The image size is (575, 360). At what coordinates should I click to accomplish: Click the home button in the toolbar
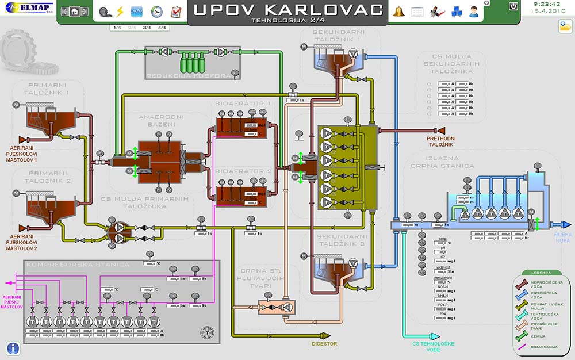[74, 12]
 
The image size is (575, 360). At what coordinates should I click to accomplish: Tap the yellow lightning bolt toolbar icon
[120, 12]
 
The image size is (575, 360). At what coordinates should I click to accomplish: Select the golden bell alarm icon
[398, 12]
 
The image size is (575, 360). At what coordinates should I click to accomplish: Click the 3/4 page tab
[147, 27]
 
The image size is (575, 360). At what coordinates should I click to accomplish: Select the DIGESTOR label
[325, 344]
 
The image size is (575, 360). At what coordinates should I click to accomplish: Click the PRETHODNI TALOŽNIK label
[440, 141]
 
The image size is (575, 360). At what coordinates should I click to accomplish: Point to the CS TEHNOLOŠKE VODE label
[425, 346]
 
